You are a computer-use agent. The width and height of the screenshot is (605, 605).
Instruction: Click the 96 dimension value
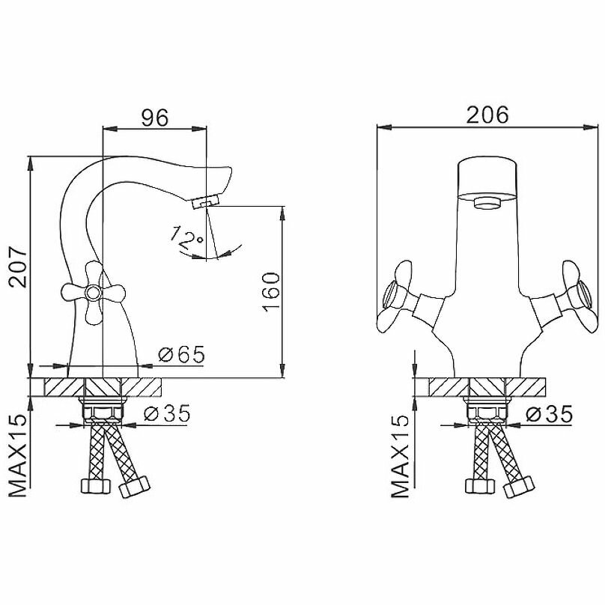point(155,117)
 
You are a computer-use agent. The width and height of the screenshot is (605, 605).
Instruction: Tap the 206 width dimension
point(487,115)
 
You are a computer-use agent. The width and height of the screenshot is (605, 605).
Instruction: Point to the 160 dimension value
point(271,290)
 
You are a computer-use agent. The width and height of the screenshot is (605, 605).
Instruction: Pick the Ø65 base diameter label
point(182,355)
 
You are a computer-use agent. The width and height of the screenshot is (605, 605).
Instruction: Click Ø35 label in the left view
point(166,413)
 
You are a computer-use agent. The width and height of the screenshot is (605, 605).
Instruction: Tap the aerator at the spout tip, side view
point(204,201)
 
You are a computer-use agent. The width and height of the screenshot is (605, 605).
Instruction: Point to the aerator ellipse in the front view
point(487,200)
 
